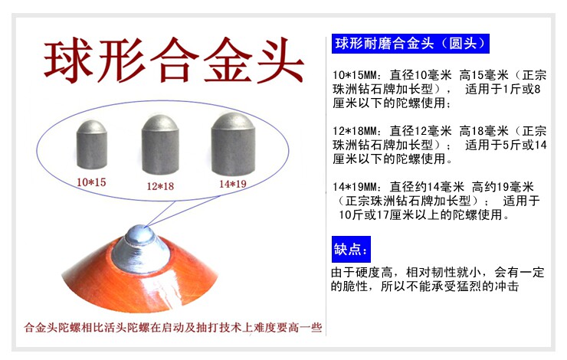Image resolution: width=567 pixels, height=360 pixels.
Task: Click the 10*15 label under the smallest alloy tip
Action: tap(91, 182)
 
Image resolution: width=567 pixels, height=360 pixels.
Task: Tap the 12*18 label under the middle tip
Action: tap(160, 186)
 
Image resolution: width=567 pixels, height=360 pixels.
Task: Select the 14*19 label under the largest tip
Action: tap(232, 184)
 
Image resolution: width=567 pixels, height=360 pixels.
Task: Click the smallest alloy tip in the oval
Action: tap(92, 144)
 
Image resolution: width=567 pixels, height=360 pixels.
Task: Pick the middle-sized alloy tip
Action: tap(160, 145)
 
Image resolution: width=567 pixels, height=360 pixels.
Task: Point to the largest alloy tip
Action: tap(233, 144)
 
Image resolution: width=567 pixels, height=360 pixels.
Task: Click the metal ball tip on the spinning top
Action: tap(140, 234)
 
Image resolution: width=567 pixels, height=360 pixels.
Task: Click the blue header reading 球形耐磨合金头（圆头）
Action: tap(411, 44)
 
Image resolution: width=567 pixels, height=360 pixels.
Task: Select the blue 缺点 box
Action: tap(351, 249)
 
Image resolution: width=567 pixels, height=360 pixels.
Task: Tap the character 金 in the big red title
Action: tap(228, 60)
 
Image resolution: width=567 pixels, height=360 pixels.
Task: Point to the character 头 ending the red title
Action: tap(280, 60)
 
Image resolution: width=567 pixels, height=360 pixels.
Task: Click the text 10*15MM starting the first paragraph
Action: tap(355, 76)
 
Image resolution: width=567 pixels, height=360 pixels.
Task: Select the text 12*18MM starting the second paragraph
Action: tap(355, 131)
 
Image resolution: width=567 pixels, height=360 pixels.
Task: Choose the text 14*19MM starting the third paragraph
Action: tap(355, 187)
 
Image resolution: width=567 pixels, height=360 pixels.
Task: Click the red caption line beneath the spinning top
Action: tap(173, 328)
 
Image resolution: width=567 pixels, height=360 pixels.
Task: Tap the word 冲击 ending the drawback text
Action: tap(507, 286)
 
